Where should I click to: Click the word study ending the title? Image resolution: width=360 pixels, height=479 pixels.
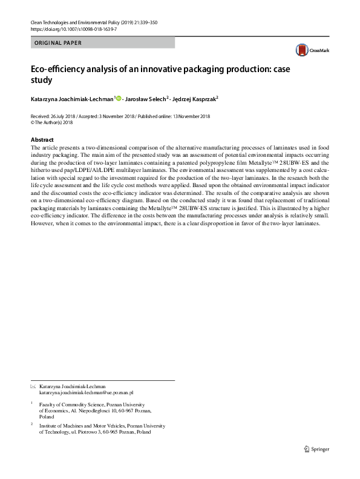pos(41,80)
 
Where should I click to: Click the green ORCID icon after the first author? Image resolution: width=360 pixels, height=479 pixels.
pos(118,99)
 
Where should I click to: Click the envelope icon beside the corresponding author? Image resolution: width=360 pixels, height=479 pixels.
pos(33,386)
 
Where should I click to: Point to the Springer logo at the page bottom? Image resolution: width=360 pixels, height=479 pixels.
pos(318,449)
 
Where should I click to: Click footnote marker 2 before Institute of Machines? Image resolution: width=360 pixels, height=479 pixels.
pos(31,425)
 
